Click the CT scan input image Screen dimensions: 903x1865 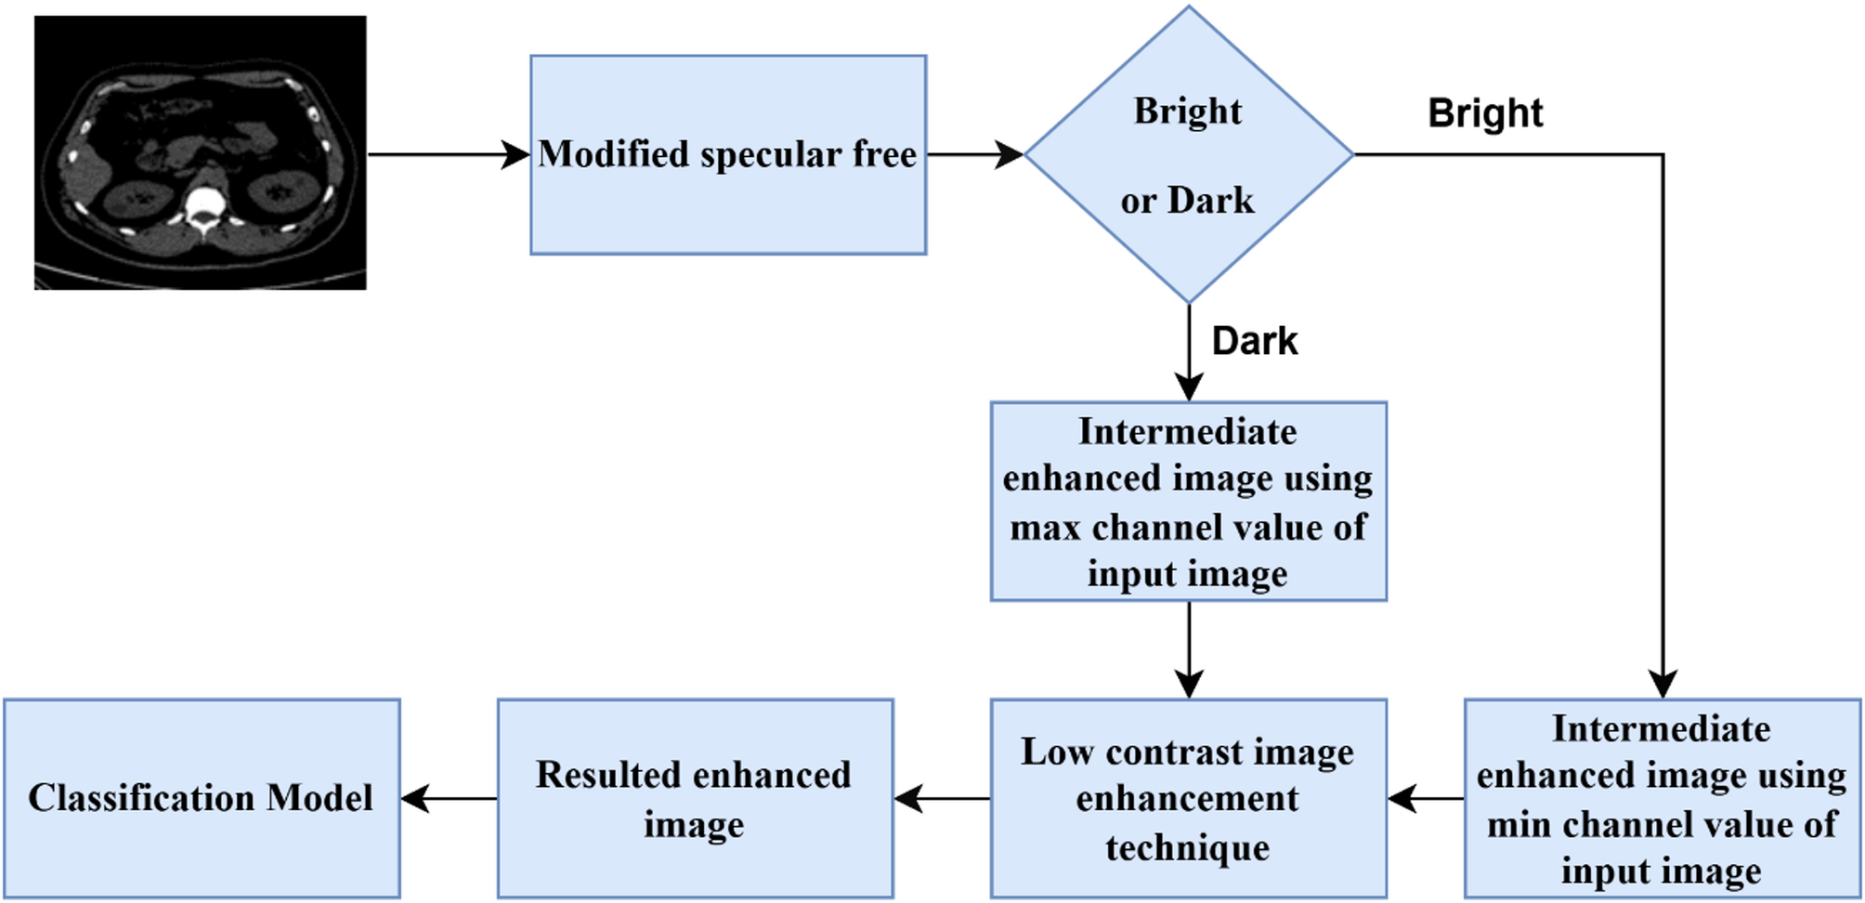click(200, 152)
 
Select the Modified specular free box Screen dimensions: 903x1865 click(728, 154)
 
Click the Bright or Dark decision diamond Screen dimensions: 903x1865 click(1188, 154)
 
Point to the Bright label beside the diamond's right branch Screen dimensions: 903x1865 click(1484, 113)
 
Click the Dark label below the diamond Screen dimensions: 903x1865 click(1254, 341)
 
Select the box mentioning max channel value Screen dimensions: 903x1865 click(1188, 502)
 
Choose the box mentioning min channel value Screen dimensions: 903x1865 click(1662, 798)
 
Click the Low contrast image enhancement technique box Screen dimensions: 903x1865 click(1188, 798)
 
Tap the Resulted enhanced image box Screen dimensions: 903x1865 click(695, 798)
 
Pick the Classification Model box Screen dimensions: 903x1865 click(202, 798)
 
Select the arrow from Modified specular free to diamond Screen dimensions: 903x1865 click(974, 154)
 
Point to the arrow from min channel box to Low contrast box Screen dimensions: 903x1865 click(1426, 798)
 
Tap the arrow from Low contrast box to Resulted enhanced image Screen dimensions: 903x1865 click(942, 798)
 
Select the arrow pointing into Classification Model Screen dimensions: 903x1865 click(449, 798)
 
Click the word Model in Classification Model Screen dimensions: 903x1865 click(320, 798)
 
